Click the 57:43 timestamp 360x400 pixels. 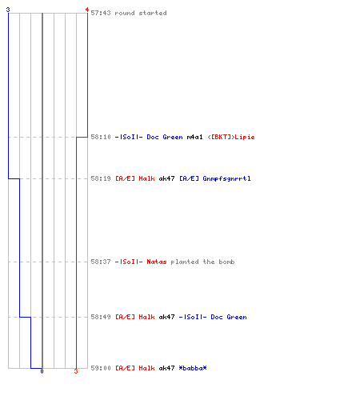click(101, 13)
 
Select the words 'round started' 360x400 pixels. click(141, 13)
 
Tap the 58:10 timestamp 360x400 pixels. click(101, 137)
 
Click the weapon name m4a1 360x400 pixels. click(194, 137)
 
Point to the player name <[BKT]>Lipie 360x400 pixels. click(231, 137)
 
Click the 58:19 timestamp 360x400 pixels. click(101, 178)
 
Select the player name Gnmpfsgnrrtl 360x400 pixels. click(226, 178)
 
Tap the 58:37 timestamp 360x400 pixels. click(101, 262)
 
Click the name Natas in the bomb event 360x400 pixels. click(157, 262)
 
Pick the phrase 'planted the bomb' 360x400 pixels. click(202, 262)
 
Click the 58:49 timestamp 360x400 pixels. click(101, 317)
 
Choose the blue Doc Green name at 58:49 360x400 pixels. click(229, 317)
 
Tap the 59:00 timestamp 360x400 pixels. click(101, 368)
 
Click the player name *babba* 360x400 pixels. click(193, 368)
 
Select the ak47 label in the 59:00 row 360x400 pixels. click(166, 368)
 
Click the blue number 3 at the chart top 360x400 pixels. click(8, 10)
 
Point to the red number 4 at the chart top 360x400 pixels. click(87, 10)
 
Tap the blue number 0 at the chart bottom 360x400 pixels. click(42, 371)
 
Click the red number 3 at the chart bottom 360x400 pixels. click(76, 371)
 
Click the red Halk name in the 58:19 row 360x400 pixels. click(146, 178)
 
